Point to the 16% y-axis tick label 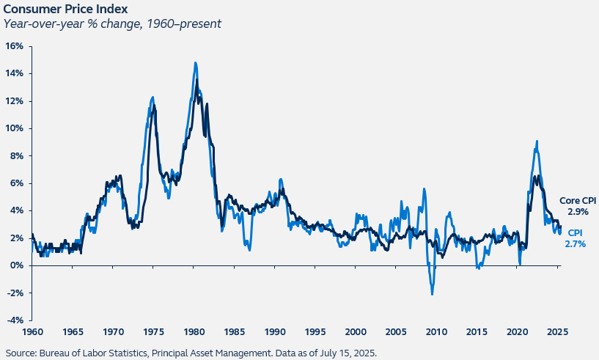(x=15, y=45)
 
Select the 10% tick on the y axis (x=15, y=128)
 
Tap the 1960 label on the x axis (x=33, y=331)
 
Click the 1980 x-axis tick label (x=194, y=331)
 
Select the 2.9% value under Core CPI (x=578, y=211)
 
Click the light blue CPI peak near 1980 (x=195, y=63)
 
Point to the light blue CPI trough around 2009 (x=433, y=294)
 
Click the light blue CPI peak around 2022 (x=537, y=142)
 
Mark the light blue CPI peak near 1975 (x=152, y=97)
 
